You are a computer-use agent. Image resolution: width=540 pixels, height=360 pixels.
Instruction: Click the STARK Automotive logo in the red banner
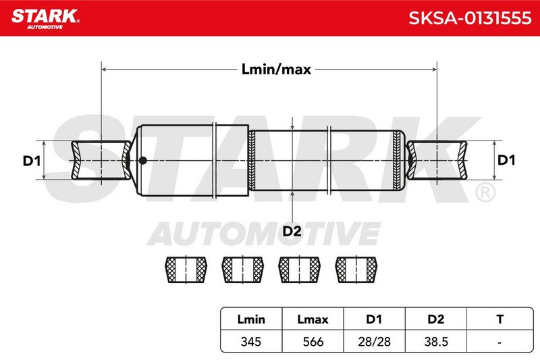pyautogui.click(x=45, y=19)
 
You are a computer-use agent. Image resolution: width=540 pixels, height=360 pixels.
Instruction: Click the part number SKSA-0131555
pyautogui.click(x=470, y=18)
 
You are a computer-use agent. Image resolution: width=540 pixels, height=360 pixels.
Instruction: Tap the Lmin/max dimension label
pyautogui.click(x=276, y=70)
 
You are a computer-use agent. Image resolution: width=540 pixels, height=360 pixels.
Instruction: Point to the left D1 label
pyautogui.click(x=32, y=161)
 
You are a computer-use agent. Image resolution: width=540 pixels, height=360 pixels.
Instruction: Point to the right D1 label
pyautogui.click(x=506, y=160)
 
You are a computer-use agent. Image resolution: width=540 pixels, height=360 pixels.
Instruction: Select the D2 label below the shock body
pyautogui.click(x=292, y=231)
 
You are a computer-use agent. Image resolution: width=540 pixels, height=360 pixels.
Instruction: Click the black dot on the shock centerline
pyautogui.click(x=142, y=160)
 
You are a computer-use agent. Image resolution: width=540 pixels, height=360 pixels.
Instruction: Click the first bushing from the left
pyautogui.click(x=186, y=269)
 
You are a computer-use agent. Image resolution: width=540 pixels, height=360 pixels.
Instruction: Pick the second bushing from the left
pyautogui.click(x=243, y=269)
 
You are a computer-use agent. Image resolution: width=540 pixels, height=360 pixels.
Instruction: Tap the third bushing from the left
pyautogui.click(x=299, y=269)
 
